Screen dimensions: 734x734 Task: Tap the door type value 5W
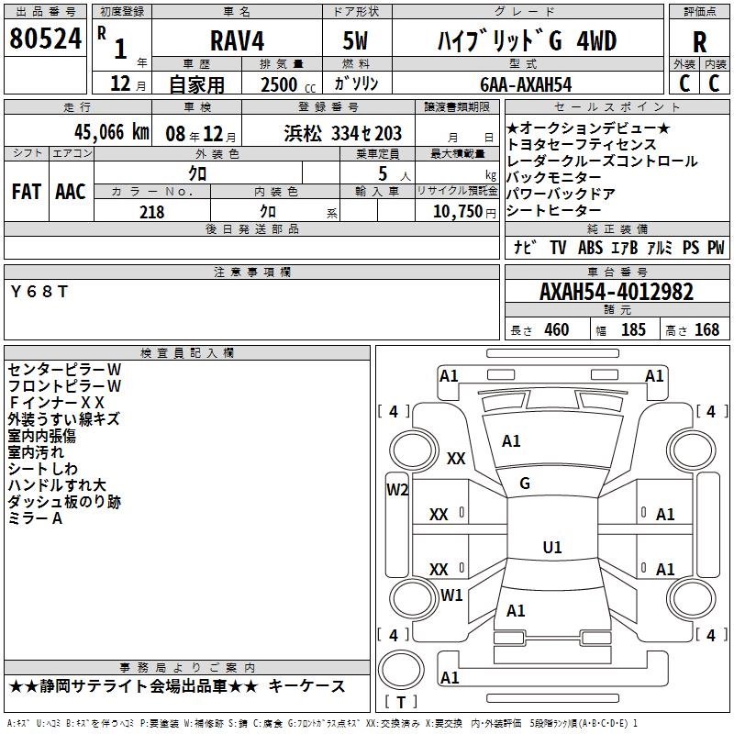(357, 41)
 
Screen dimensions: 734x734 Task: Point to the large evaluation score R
(699, 42)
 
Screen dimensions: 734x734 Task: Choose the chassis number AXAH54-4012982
(617, 293)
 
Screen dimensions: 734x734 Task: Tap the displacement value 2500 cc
(281, 84)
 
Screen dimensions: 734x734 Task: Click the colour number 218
(151, 212)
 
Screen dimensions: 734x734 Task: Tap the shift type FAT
(26, 191)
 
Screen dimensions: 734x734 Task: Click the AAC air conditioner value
(70, 191)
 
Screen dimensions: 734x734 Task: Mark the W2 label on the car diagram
(396, 489)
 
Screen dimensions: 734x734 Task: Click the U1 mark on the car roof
(552, 548)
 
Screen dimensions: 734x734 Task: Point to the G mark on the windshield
(525, 484)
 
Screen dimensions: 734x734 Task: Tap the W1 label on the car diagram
(451, 595)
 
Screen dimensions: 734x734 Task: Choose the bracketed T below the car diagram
(400, 703)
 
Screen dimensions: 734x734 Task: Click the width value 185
(633, 330)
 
